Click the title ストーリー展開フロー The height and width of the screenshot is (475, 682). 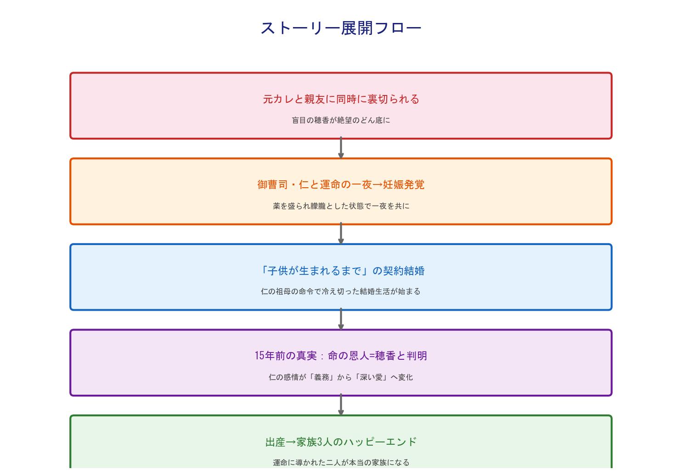[x=341, y=28]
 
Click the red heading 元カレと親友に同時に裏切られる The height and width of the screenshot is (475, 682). [x=341, y=99]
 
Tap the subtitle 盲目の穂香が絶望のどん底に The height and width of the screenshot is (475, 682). [x=341, y=120]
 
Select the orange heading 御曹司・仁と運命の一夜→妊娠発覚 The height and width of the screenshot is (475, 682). [x=341, y=184]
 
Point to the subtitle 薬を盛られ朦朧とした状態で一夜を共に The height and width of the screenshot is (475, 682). [x=341, y=206]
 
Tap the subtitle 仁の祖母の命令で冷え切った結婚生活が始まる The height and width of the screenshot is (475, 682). [x=341, y=291]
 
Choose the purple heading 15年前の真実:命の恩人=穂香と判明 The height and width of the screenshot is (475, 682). [x=341, y=356]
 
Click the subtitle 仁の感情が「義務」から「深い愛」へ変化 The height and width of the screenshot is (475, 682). [x=341, y=377]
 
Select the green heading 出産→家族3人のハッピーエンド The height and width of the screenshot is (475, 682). [x=341, y=442]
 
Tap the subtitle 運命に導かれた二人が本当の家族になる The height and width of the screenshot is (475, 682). [x=341, y=463]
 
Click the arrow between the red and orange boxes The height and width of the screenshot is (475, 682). [x=341, y=148]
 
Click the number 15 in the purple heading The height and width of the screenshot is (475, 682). [x=260, y=356]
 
